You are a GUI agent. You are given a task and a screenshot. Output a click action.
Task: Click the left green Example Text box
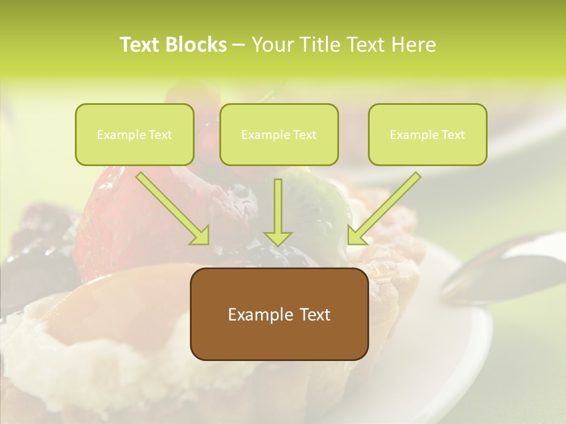coord(134,134)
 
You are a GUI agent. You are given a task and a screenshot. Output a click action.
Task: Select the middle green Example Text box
coord(279,134)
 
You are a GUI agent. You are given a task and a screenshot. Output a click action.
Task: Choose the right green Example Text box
coord(427,134)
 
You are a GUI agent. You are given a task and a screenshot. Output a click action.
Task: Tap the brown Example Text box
coord(279,314)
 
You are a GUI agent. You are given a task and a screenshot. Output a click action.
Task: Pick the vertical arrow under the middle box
coord(278,209)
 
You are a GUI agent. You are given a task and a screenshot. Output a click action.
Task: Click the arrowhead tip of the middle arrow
coord(278,244)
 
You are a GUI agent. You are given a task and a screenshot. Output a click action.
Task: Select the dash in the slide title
coord(239,45)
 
